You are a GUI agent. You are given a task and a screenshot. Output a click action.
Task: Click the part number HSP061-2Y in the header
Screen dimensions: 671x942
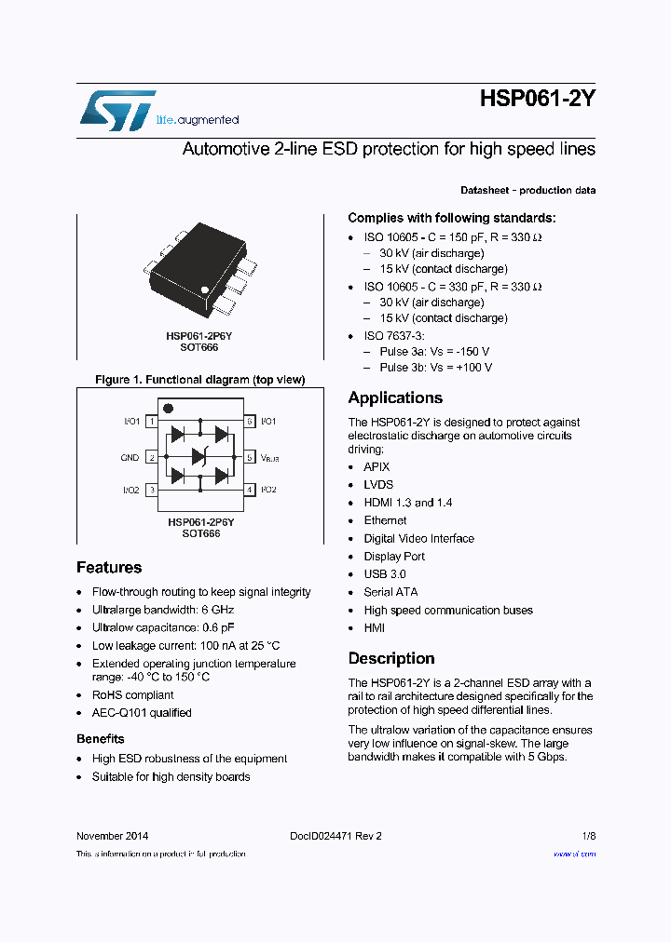point(538,100)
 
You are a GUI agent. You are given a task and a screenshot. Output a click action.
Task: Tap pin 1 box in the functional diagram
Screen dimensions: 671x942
point(152,422)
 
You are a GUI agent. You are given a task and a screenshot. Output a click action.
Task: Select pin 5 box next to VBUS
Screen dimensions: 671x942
point(249,457)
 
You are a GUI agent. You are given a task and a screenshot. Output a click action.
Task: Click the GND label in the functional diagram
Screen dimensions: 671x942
point(130,458)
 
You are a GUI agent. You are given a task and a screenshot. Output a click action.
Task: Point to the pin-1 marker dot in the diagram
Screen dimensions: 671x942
point(168,408)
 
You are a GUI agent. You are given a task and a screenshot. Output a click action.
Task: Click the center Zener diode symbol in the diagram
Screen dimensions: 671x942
point(199,456)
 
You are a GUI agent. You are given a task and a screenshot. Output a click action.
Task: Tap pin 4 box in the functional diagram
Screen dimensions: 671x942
point(249,490)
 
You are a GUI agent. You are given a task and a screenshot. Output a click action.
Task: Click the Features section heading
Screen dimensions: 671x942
point(109,568)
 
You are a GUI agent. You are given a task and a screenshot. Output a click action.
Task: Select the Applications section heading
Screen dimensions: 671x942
point(395,398)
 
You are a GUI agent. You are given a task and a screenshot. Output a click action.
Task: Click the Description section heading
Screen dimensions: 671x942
point(391,659)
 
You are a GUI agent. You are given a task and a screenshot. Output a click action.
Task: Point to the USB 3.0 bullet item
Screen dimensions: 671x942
point(385,574)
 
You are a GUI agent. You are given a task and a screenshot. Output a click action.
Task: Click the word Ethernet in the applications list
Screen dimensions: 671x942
point(385,520)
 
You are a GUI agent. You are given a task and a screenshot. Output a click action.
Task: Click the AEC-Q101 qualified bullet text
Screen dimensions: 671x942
point(142,713)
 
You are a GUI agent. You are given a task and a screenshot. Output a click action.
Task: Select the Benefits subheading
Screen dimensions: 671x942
point(101,739)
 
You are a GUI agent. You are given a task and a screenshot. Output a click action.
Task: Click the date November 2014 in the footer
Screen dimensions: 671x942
point(112,836)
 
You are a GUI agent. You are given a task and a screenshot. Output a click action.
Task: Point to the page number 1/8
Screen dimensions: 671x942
point(588,836)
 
